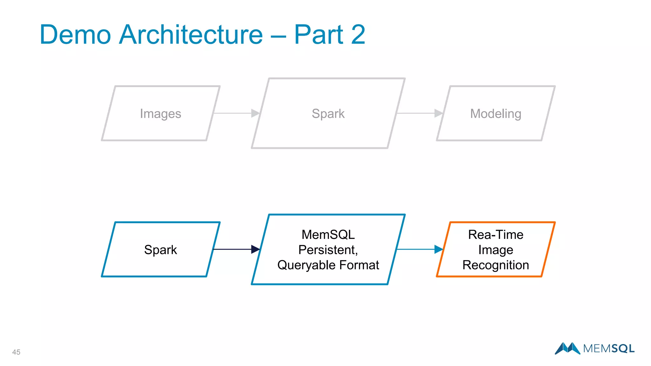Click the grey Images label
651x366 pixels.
click(x=161, y=114)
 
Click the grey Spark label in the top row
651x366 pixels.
click(x=328, y=114)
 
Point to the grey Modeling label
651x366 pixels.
click(x=496, y=114)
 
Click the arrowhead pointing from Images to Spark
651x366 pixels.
click(x=255, y=113)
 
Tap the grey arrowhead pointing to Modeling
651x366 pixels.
click(x=438, y=113)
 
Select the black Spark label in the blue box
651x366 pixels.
click(x=161, y=250)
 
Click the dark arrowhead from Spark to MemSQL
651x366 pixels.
click(x=255, y=249)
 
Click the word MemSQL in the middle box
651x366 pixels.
click(x=328, y=235)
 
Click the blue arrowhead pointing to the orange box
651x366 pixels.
click(x=438, y=249)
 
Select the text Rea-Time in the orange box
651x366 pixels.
click(x=496, y=235)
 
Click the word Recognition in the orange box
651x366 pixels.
click(x=496, y=265)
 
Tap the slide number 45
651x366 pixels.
click(x=16, y=352)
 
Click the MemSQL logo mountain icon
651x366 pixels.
click(x=567, y=348)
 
